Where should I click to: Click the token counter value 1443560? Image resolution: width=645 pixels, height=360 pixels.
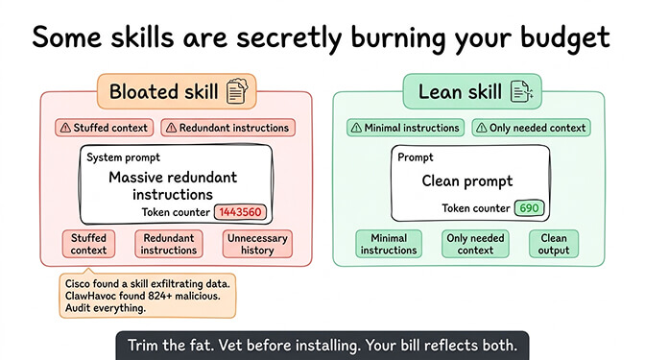[x=239, y=212]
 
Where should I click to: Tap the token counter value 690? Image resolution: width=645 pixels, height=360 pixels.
[x=527, y=208]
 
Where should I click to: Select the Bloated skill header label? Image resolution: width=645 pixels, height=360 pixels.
[x=158, y=93]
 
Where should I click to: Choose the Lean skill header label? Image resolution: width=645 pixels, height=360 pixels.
[x=460, y=92]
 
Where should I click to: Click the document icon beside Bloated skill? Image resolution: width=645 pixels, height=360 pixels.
[x=236, y=92]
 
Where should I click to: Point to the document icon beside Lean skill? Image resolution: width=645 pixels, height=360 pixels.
[x=522, y=92]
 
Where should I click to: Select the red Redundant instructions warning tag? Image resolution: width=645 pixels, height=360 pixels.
[x=226, y=128]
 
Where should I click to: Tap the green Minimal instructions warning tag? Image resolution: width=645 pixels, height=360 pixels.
[x=405, y=128]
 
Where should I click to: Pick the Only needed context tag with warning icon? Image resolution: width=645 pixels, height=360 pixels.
[x=532, y=128]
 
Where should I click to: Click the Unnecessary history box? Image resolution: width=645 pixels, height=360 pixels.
[x=257, y=244]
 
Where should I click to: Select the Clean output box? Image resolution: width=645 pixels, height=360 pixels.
[x=554, y=244]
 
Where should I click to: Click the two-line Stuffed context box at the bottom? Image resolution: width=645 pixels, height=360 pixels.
[x=88, y=244]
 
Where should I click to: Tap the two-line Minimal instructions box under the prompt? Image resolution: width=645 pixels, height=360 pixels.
[x=389, y=244]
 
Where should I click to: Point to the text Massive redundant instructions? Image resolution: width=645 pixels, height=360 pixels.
[x=173, y=185]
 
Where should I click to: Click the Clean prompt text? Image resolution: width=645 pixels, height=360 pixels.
[x=467, y=180]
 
